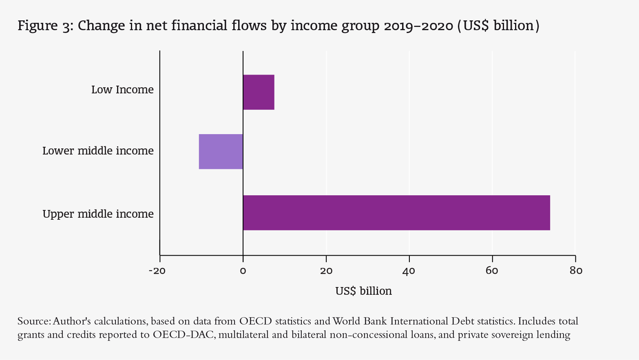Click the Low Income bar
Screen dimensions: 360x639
[x=259, y=92]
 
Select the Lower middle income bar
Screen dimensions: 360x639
[x=221, y=151]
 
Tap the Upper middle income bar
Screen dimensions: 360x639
[x=396, y=213]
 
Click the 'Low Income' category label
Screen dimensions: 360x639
[x=122, y=90]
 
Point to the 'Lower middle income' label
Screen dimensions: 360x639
[x=98, y=151]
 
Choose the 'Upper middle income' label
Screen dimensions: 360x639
[x=98, y=214]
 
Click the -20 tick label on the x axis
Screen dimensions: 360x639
[x=157, y=271]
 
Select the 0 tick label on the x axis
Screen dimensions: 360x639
[x=243, y=271]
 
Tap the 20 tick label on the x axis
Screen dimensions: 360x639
[x=326, y=271]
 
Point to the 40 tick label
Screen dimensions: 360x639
[x=409, y=271]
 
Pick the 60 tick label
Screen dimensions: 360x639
[x=492, y=271]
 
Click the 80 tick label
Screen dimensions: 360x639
[x=576, y=271]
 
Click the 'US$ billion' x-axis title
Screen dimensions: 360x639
[x=363, y=291]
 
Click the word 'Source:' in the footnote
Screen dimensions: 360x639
[x=34, y=321]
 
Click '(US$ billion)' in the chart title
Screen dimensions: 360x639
[x=498, y=26]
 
